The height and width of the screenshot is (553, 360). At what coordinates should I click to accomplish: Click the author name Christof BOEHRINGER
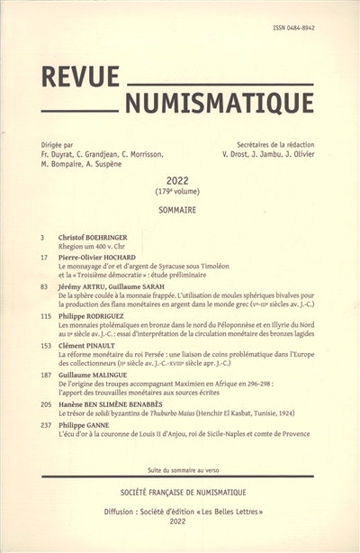pyautogui.click(x=100, y=236)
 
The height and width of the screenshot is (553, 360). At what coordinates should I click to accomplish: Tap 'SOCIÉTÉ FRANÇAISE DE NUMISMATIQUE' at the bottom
pyautogui.click(x=180, y=496)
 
